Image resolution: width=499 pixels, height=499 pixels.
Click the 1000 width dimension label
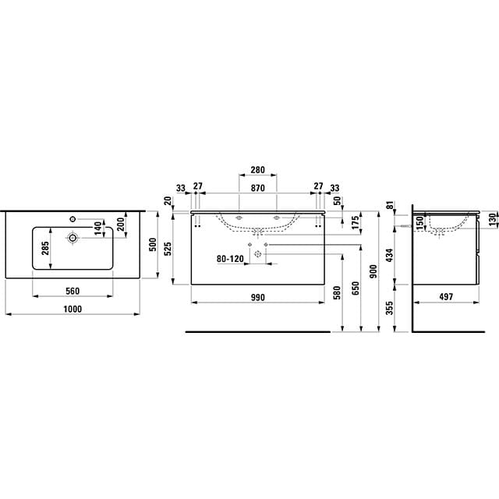73,309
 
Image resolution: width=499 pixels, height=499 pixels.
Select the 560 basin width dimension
73,291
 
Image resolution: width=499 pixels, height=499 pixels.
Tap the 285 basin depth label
45,248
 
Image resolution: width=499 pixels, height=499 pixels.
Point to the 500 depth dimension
153,244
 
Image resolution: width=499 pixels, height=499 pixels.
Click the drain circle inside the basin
73,238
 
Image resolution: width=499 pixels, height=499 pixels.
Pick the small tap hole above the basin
73,219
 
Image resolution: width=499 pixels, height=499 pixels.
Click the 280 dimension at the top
257,170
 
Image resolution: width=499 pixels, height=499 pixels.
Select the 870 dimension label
257,188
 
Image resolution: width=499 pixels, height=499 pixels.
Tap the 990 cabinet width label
257,297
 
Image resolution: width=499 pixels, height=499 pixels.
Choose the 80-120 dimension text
230,259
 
